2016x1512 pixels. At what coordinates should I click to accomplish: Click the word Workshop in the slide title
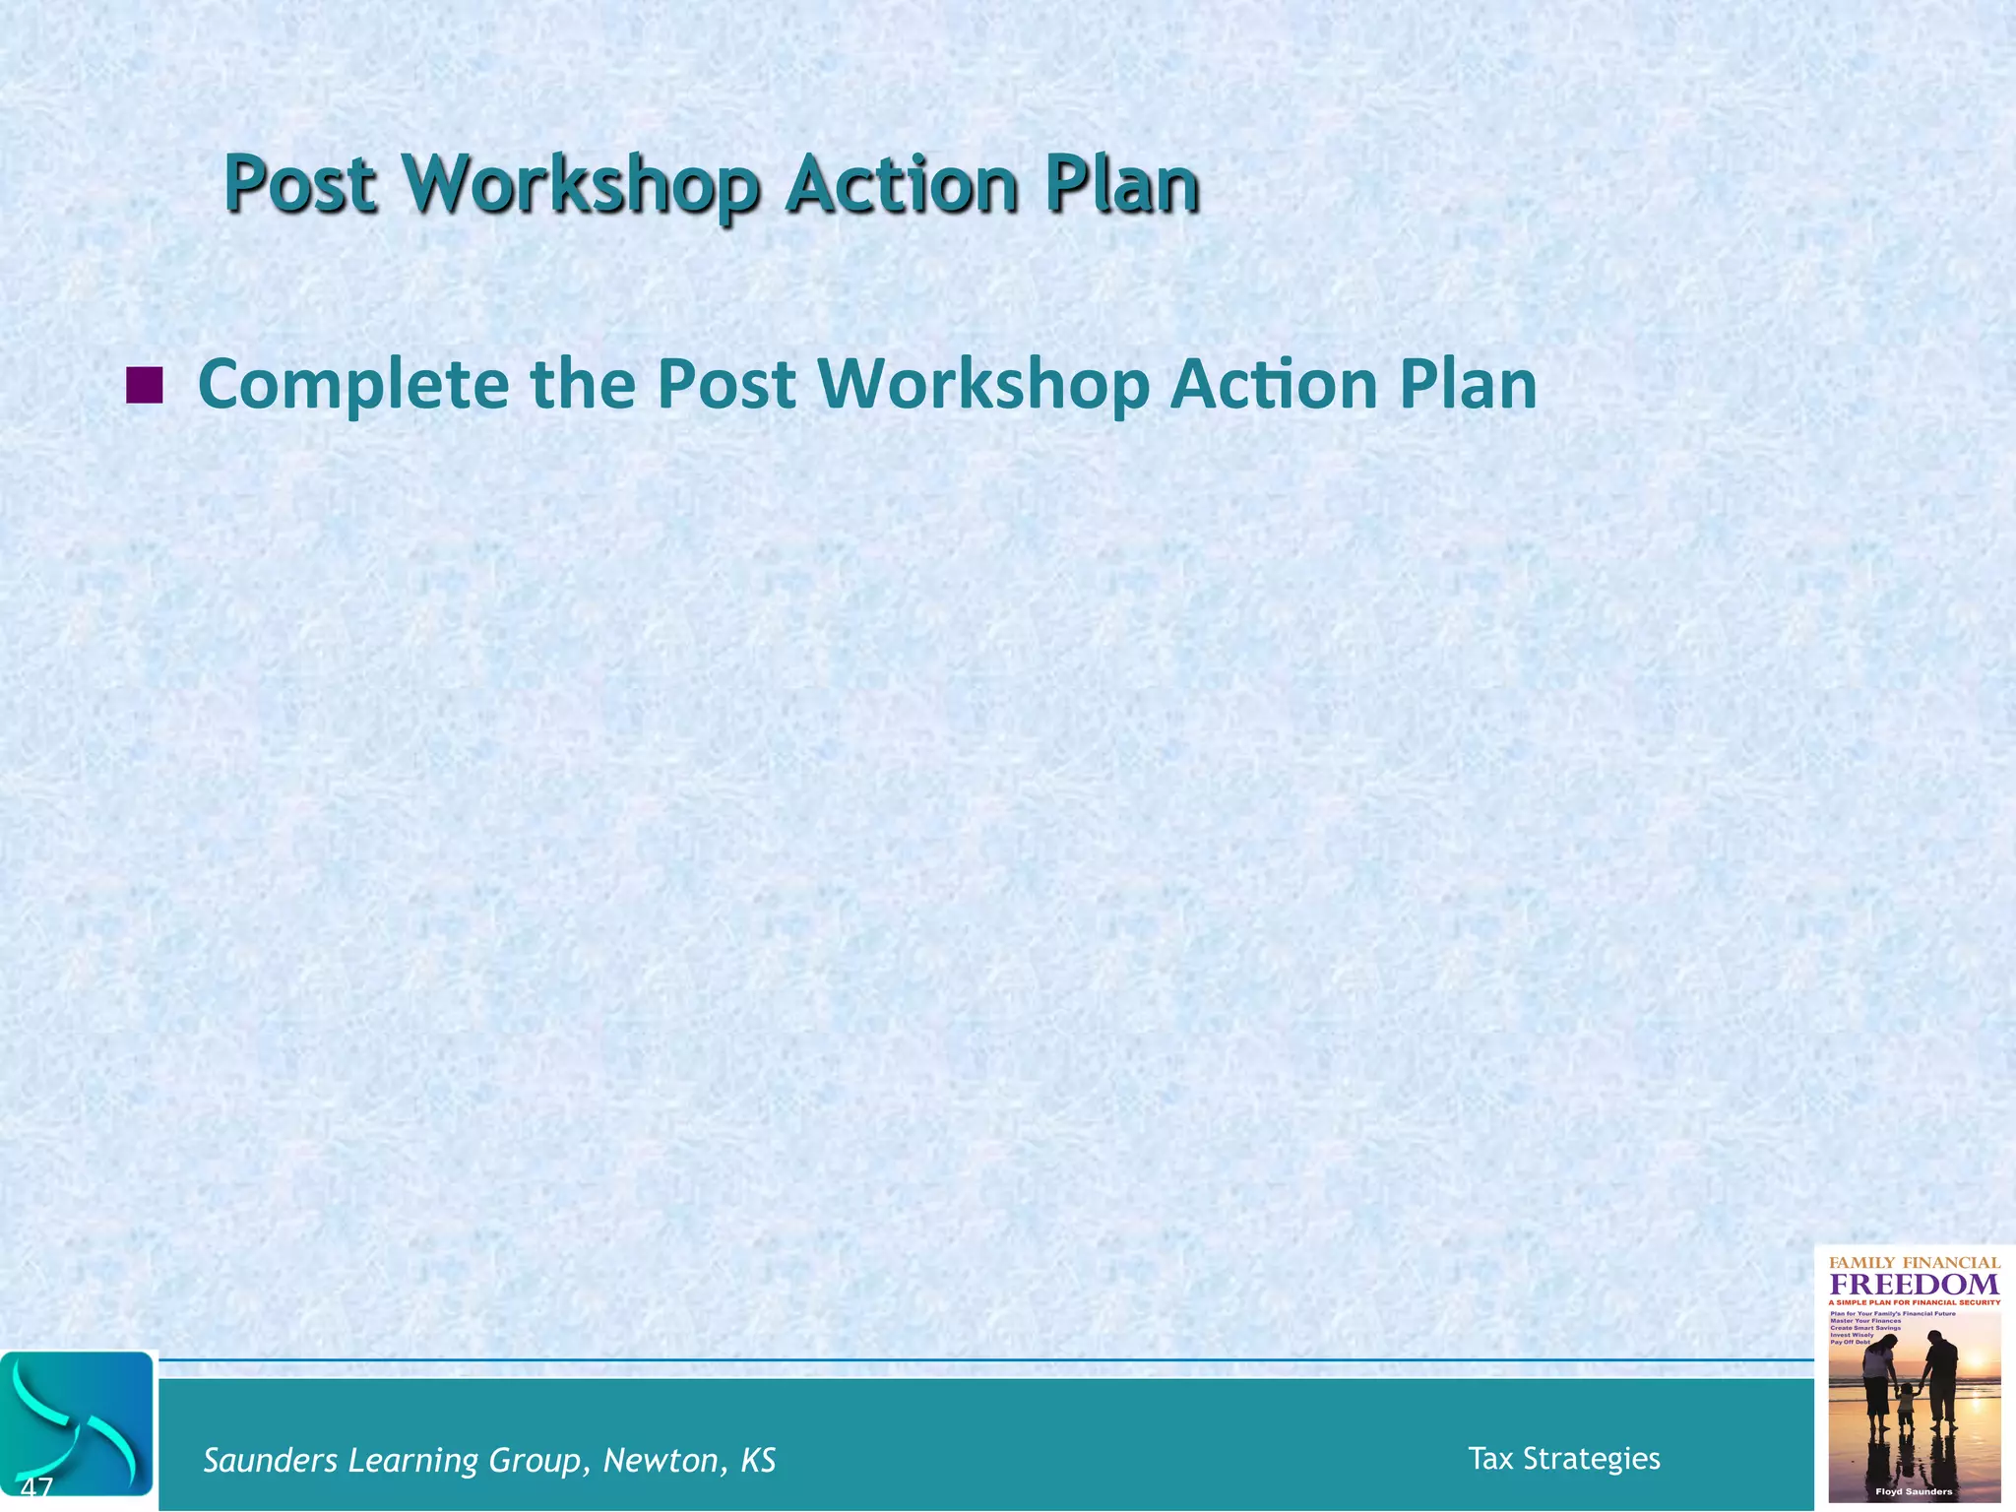tap(582, 185)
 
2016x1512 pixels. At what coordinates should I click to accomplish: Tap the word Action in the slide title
tap(901, 184)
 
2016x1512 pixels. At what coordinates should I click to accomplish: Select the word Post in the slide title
tap(300, 185)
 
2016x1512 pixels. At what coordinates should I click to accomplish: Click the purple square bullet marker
tap(145, 385)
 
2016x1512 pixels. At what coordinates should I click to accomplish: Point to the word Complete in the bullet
tap(353, 385)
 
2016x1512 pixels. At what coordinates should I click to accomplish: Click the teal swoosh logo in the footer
tap(78, 1423)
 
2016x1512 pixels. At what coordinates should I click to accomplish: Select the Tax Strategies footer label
tap(1563, 1458)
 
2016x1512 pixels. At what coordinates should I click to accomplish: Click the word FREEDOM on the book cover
tap(1914, 1285)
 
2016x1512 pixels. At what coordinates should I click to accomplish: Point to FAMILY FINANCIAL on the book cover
tap(1914, 1262)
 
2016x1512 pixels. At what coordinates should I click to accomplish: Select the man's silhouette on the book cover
tap(1941, 1378)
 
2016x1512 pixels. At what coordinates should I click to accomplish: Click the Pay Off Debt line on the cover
tap(1850, 1343)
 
